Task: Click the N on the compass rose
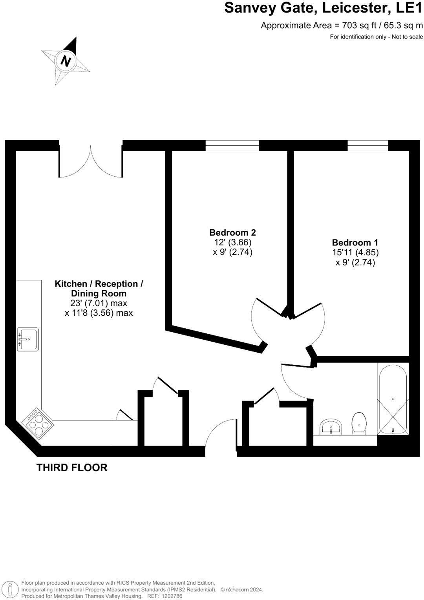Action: (66, 61)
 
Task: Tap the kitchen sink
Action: (28, 339)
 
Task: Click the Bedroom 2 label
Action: (232, 232)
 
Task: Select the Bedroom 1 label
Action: (355, 242)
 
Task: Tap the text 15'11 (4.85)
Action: (355, 252)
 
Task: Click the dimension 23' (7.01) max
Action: (99, 303)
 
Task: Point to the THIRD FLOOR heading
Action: (72, 468)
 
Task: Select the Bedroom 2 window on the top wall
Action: (232, 146)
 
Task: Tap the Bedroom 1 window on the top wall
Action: (367, 146)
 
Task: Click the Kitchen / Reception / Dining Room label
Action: (99, 288)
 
